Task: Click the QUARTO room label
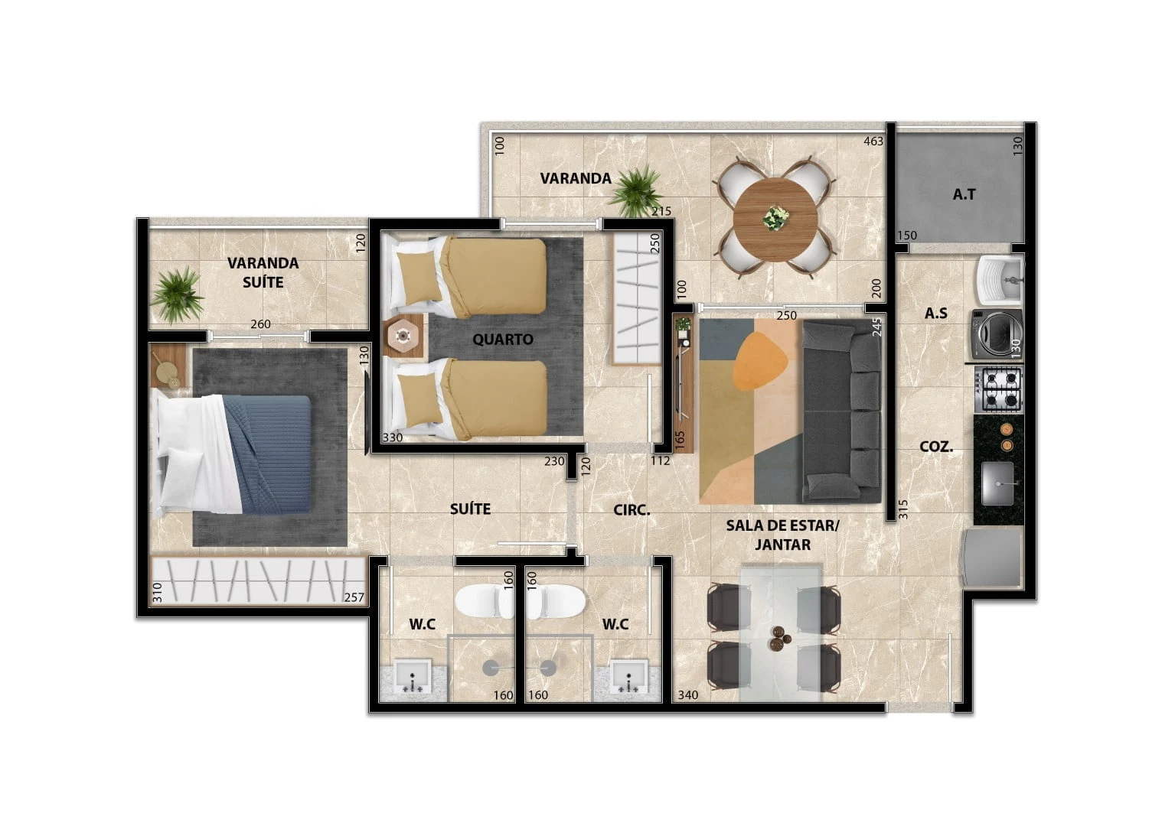click(x=502, y=339)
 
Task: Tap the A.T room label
click(x=964, y=194)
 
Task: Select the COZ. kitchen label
click(x=936, y=447)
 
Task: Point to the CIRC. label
click(x=632, y=509)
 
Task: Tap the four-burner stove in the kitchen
click(x=999, y=389)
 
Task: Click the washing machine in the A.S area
click(x=997, y=333)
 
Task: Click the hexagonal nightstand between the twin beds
click(x=403, y=336)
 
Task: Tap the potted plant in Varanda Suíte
click(x=177, y=294)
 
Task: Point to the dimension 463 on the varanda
click(x=873, y=141)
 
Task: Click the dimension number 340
click(x=687, y=695)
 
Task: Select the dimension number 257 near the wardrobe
click(x=354, y=597)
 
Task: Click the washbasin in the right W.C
click(x=628, y=677)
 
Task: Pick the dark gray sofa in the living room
click(x=841, y=412)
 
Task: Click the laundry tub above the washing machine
click(x=1000, y=280)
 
